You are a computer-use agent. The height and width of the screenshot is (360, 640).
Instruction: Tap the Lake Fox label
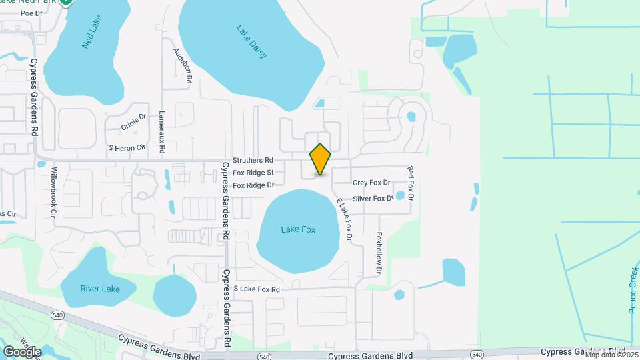point(298,229)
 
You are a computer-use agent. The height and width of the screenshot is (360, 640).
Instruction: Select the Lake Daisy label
point(251,41)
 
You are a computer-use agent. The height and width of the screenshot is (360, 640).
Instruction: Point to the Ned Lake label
point(90,37)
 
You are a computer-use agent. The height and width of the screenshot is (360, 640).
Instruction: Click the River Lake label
point(100,289)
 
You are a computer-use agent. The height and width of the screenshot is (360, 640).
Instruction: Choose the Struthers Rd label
point(253,161)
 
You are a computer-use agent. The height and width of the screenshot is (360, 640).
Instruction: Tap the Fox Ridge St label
point(253,173)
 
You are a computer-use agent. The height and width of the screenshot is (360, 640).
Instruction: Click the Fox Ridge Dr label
point(253,185)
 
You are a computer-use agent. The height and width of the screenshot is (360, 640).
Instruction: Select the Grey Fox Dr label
point(371,183)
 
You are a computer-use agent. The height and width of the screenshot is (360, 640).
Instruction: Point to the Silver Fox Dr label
point(373,199)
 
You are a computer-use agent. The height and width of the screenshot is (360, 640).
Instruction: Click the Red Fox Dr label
point(411,184)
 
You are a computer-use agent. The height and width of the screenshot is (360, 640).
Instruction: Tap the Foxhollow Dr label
point(379,253)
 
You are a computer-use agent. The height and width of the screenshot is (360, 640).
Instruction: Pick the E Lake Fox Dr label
point(344,219)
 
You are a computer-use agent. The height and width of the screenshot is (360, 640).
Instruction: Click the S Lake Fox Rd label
point(257,289)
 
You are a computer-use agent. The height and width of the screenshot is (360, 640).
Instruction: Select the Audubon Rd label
point(182,65)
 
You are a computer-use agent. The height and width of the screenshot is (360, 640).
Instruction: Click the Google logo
point(21,351)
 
